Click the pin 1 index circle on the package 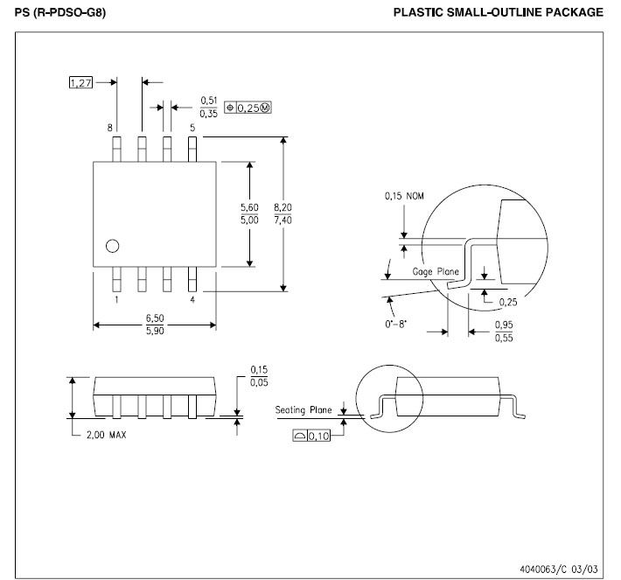pyautogui.click(x=112, y=246)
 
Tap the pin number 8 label pyautogui.click(x=110, y=128)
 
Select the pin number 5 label pyautogui.click(x=192, y=128)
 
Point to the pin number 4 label pyautogui.click(x=192, y=299)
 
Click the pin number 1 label pyautogui.click(x=116, y=299)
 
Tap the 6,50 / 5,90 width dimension pyautogui.click(x=154, y=325)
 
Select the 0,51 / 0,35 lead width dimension pyautogui.click(x=209, y=107)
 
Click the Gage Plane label pyautogui.click(x=436, y=272)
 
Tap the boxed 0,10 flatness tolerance pyautogui.click(x=312, y=437)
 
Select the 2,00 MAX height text pyautogui.click(x=106, y=436)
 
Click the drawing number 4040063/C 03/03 pyautogui.click(x=561, y=567)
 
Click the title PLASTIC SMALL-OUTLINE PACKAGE pyautogui.click(x=499, y=12)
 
